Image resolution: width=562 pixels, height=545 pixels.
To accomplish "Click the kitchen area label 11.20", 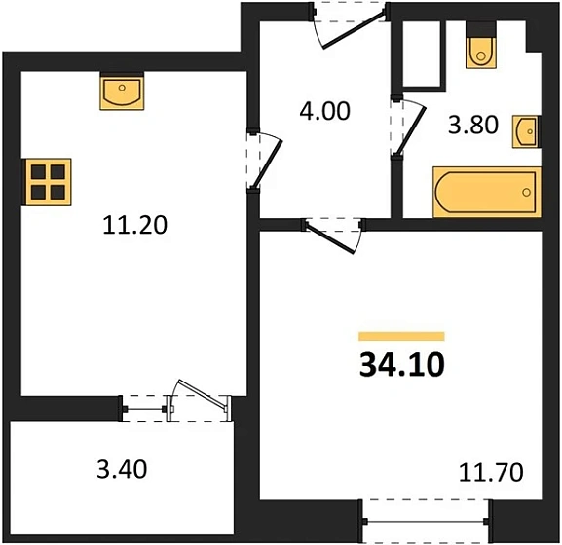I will pos(134,226).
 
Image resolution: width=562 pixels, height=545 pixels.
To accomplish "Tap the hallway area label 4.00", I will pos(323,111).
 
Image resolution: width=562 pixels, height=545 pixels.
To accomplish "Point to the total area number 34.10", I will pos(401,366).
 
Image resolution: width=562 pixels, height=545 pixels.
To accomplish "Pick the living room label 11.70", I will pos(492,474).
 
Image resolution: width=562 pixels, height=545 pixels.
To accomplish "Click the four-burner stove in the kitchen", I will pos(47,182).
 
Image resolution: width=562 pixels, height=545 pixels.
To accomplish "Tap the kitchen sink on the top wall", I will pos(122,92).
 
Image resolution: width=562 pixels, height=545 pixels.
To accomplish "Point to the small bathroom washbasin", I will pos(525,131).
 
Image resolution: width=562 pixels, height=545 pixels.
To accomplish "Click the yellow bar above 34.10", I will pos(401,336).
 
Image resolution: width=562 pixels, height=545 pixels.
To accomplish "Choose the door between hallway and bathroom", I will pos(404,127).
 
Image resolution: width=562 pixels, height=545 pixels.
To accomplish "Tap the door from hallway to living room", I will pos(336,232).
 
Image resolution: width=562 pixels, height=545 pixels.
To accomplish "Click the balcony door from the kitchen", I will pos(198,403).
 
